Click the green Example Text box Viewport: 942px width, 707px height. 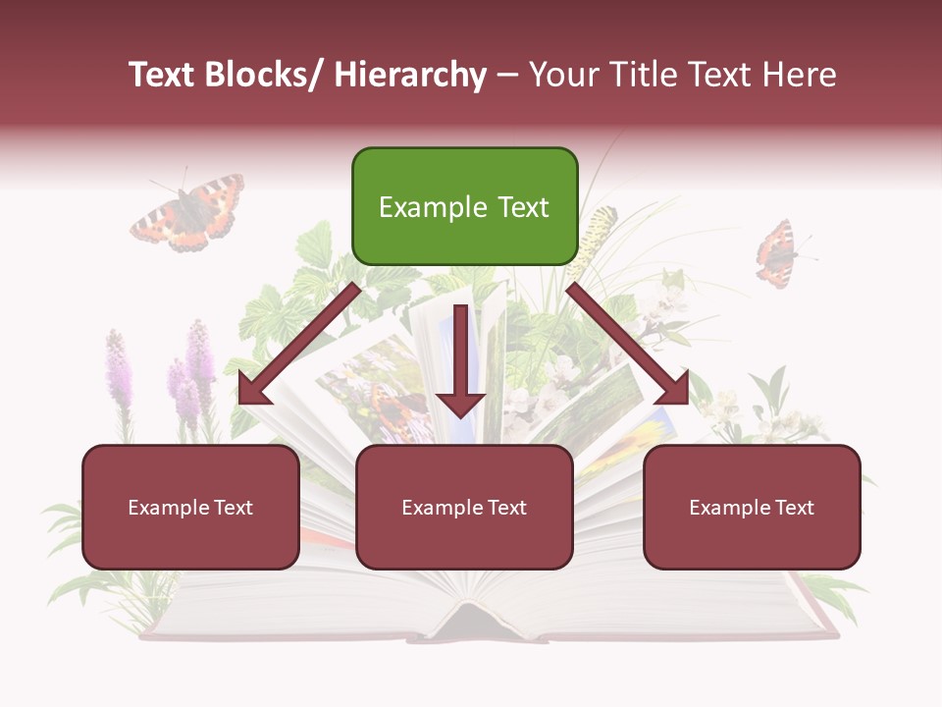pyautogui.click(x=464, y=206)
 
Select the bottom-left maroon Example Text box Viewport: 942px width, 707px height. pyautogui.click(x=190, y=507)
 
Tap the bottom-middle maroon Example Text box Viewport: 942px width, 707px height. pyautogui.click(x=464, y=507)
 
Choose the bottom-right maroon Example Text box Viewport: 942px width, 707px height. pyautogui.click(x=752, y=507)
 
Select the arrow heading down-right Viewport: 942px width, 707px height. pyautogui.click(x=628, y=346)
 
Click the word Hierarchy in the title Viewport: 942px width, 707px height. pyautogui.click(x=410, y=75)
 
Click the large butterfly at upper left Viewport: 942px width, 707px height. pyautogui.click(x=188, y=213)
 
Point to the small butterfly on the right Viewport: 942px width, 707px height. pyautogui.click(x=776, y=253)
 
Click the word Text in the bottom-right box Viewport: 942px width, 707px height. pyautogui.click(x=795, y=508)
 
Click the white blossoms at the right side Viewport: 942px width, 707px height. pyautogui.click(x=746, y=417)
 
